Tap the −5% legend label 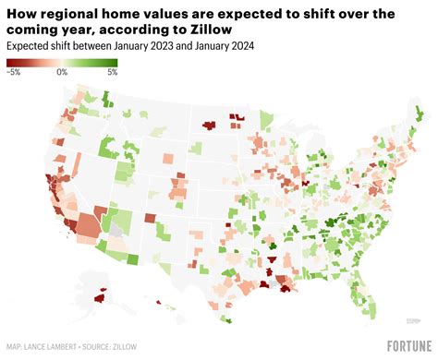click(x=14, y=71)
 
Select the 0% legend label click(x=61, y=71)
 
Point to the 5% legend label click(x=112, y=71)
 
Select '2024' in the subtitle click(x=242, y=46)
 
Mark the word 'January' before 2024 click(x=204, y=46)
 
